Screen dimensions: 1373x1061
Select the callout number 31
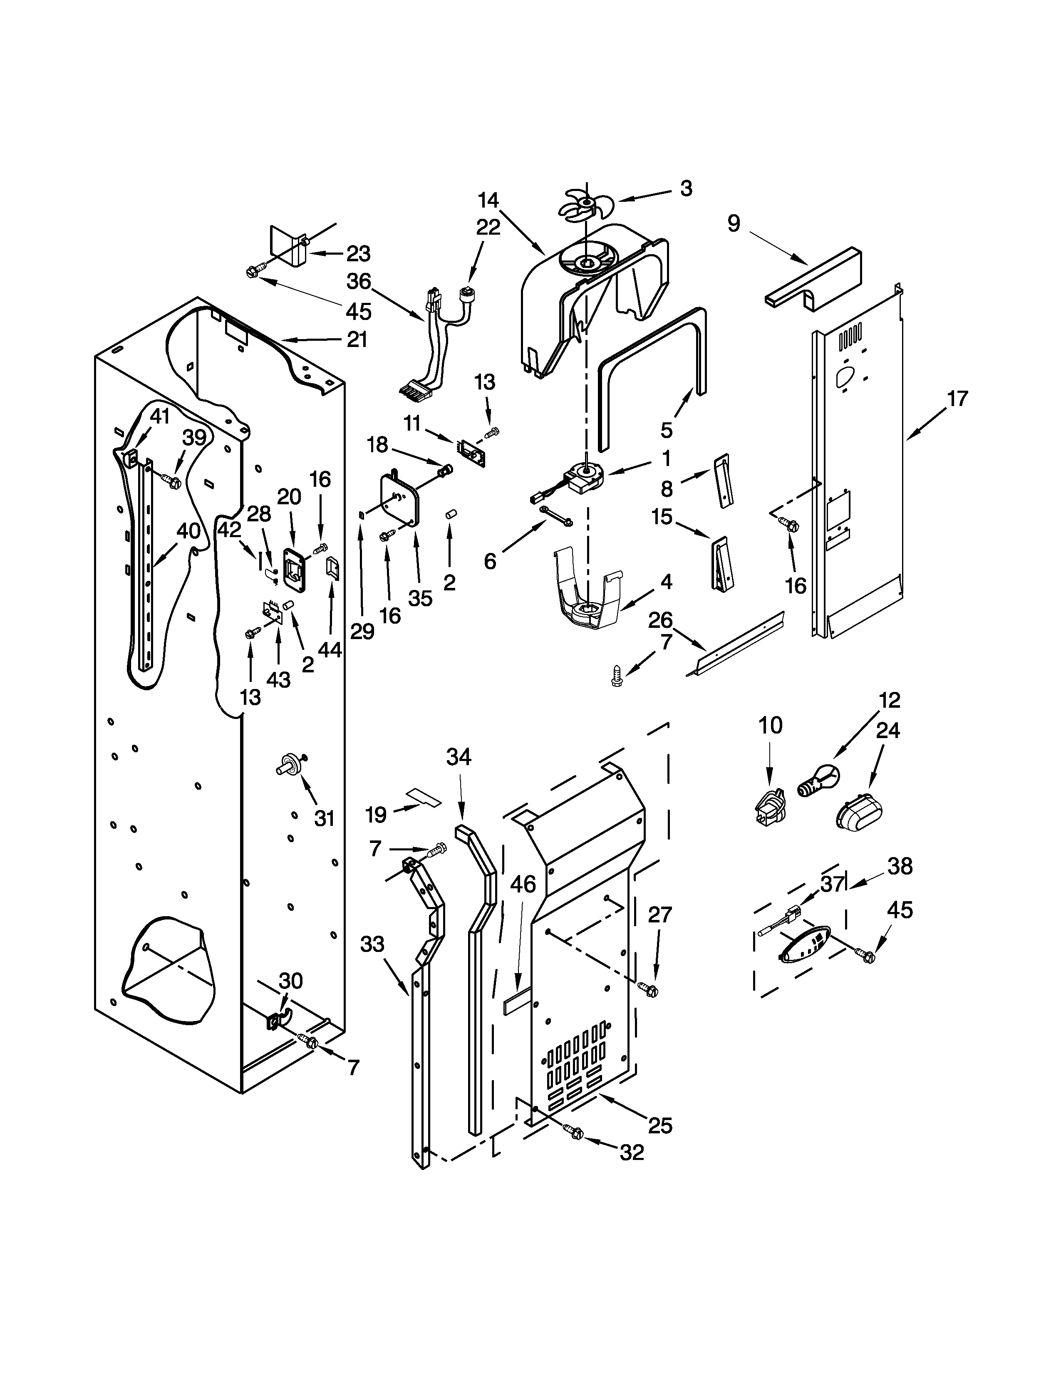tap(325, 818)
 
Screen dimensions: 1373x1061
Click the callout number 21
tap(357, 340)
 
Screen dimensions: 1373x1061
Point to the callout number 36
tap(359, 281)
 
